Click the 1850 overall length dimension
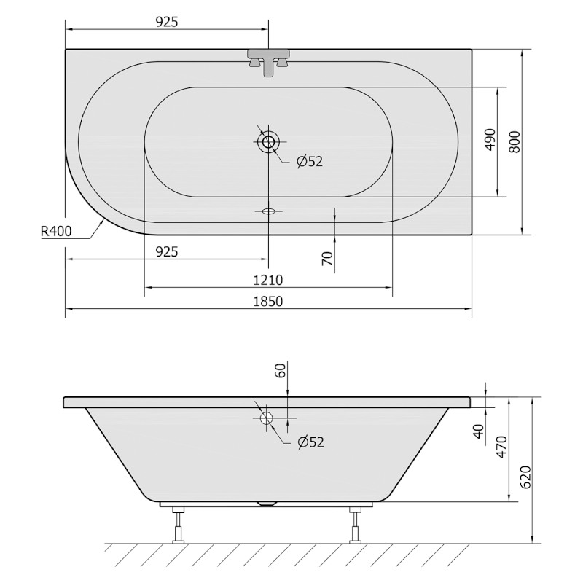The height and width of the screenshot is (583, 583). [x=267, y=301]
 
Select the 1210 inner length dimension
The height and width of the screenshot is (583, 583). [x=267, y=280]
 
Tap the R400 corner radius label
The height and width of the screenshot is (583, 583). [x=56, y=231]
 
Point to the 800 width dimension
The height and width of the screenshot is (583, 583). [x=514, y=141]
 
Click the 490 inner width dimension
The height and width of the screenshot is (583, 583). [x=490, y=139]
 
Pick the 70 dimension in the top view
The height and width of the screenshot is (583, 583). [x=327, y=259]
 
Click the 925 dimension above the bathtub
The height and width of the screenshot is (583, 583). [x=167, y=23]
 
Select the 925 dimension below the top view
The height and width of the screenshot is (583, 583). [x=167, y=252]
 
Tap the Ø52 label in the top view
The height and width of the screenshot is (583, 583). [x=310, y=161]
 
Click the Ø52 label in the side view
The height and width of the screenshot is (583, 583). [x=311, y=442]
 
